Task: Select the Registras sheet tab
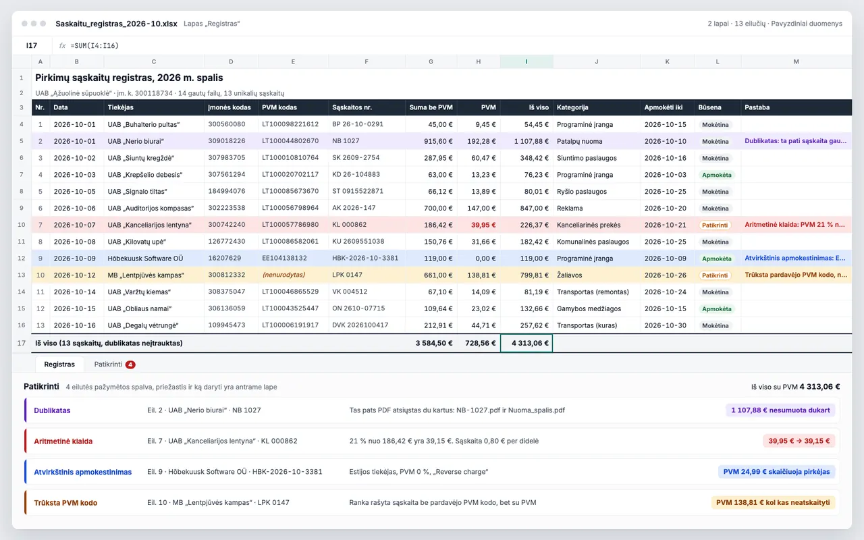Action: click(59, 364)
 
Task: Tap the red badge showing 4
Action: click(130, 364)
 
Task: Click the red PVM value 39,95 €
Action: click(483, 225)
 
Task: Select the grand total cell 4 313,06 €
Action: click(526, 343)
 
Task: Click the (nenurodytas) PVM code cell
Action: click(283, 275)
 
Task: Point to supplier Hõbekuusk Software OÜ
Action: click(145, 259)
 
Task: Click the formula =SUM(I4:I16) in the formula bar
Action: click(94, 45)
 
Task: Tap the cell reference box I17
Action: click(32, 45)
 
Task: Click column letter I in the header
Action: click(526, 61)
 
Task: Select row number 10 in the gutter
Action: click(22, 225)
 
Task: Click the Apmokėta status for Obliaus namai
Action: click(716, 308)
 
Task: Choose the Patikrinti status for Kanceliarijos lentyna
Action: click(715, 225)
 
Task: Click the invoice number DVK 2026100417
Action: click(360, 325)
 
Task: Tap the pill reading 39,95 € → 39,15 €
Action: click(799, 441)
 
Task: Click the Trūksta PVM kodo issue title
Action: click(65, 503)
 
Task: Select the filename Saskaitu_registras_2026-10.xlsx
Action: click(117, 24)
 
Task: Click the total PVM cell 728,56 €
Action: click(480, 343)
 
